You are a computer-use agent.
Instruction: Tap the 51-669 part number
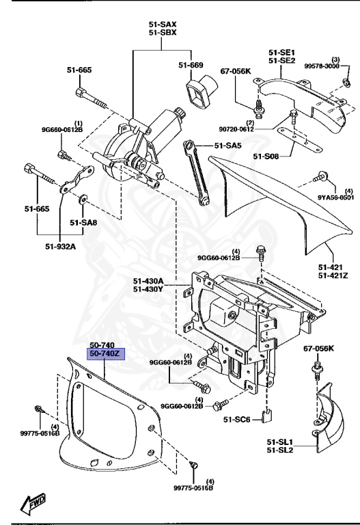coord(191,65)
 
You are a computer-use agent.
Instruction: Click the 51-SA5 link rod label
coord(227,145)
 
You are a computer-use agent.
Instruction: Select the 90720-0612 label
coord(256,129)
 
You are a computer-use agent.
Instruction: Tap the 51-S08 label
coord(267,157)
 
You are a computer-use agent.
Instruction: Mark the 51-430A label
coord(148,280)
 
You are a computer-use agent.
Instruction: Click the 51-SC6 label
coord(240,420)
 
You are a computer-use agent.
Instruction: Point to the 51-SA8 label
coord(84,222)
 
